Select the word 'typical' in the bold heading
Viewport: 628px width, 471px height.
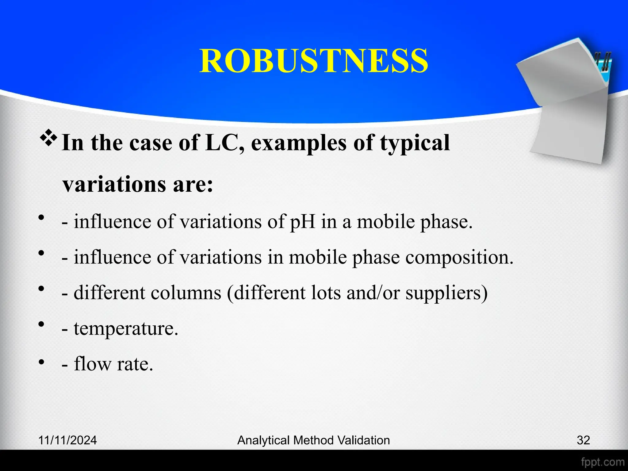click(415, 144)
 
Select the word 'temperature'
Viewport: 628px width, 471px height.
click(125, 329)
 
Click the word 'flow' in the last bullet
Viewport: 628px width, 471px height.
click(93, 364)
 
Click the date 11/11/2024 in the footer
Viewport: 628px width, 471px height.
click(67, 440)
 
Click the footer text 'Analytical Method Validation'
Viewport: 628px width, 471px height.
click(313, 440)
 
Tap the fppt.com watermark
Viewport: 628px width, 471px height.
click(603, 462)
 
